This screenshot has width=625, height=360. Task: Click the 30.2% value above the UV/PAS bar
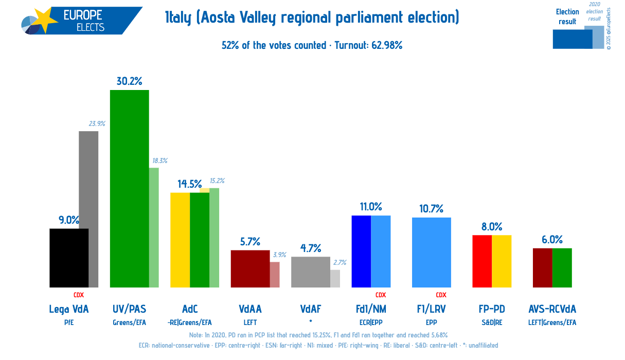[129, 81]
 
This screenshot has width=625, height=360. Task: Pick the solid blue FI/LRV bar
[431, 252]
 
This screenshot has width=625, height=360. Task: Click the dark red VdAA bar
[250, 268]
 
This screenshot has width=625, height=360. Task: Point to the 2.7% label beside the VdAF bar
[340, 262]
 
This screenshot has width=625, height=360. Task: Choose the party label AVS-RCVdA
[552, 309]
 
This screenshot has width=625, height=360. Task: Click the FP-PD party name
[491, 309]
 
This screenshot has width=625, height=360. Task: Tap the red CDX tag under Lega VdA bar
[78, 295]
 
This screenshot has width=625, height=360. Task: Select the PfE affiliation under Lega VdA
[68, 322]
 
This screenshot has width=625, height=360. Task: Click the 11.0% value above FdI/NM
[370, 207]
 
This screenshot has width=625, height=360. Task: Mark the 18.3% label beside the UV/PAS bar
[159, 161]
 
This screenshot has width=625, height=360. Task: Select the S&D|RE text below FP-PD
[491, 322]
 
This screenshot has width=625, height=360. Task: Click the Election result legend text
[567, 16]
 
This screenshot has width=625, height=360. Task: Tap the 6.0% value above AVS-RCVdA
[551, 240]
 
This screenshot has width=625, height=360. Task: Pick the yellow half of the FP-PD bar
[502, 261]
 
